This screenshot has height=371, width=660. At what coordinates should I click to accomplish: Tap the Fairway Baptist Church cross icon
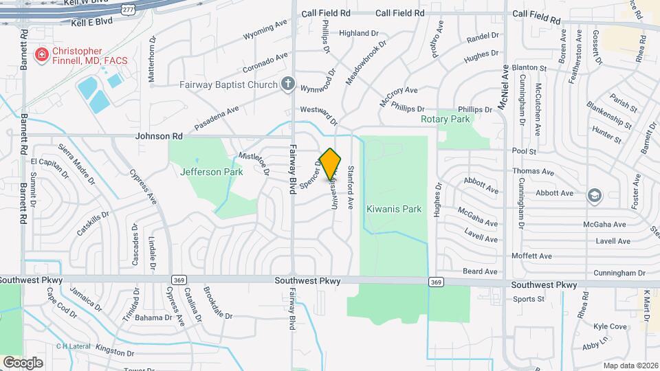(x=288, y=85)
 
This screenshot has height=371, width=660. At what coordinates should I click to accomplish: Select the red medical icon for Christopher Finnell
(x=42, y=54)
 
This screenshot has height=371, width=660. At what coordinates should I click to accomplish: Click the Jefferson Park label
(x=212, y=172)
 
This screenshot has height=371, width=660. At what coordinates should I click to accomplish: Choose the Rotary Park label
(x=445, y=119)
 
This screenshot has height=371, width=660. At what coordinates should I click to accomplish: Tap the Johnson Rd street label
(x=159, y=137)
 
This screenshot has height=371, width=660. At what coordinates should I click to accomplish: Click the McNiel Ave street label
(x=504, y=89)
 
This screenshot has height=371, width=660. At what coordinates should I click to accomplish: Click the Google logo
(x=23, y=362)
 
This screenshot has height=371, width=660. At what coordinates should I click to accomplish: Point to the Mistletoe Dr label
(x=252, y=162)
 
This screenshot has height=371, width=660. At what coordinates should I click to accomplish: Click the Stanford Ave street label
(x=350, y=187)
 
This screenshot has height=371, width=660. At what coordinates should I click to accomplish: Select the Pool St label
(x=524, y=150)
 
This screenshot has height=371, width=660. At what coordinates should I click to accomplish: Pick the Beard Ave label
(x=480, y=271)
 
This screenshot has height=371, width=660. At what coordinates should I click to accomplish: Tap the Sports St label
(x=529, y=299)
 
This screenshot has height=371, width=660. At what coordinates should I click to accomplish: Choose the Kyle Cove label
(x=610, y=326)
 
